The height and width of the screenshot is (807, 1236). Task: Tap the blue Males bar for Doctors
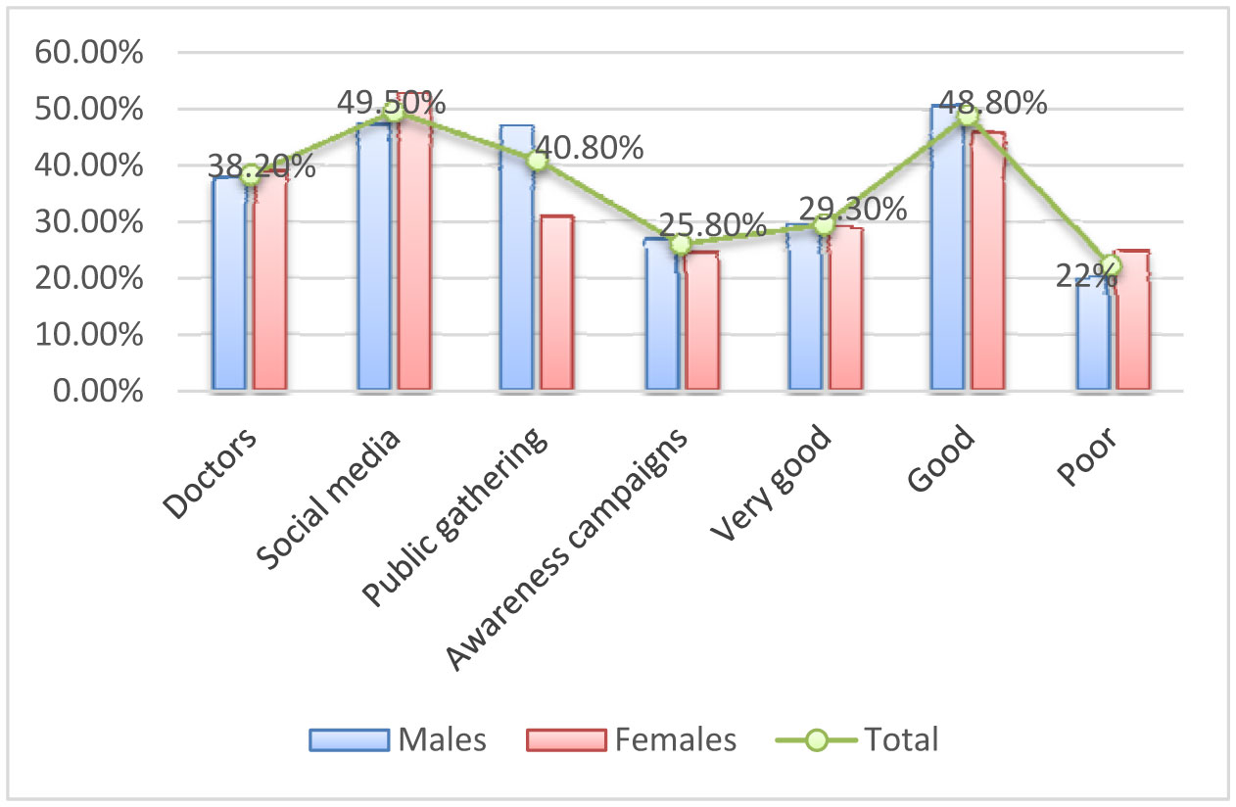tap(229, 284)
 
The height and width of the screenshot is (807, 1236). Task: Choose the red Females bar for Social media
tap(413, 245)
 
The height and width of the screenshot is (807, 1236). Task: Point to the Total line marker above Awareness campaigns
tap(681, 245)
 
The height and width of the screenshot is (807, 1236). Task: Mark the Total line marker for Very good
tap(824, 225)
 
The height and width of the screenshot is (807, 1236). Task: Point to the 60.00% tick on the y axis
tap(89, 53)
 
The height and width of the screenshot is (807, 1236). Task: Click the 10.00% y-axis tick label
tap(89, 335)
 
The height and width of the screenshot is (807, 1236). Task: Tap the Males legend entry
tap(398, 739)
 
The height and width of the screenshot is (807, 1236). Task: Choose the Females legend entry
tap(631, 739)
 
